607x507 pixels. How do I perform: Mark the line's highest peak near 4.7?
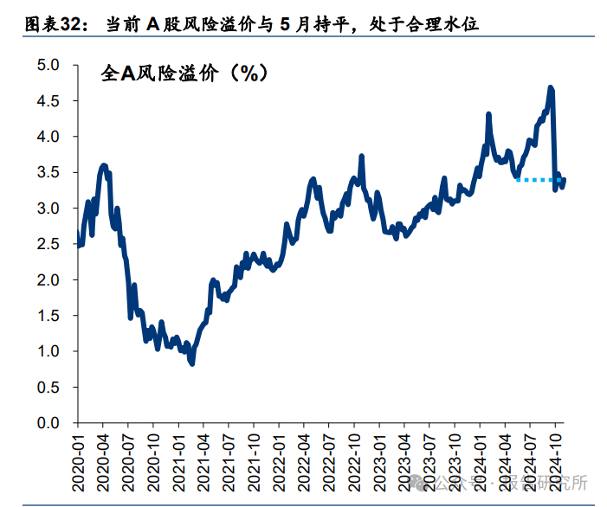551,87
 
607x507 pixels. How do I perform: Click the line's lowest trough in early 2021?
191,363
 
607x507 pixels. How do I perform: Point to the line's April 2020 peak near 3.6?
104,164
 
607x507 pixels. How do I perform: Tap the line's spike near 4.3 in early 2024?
489,114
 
